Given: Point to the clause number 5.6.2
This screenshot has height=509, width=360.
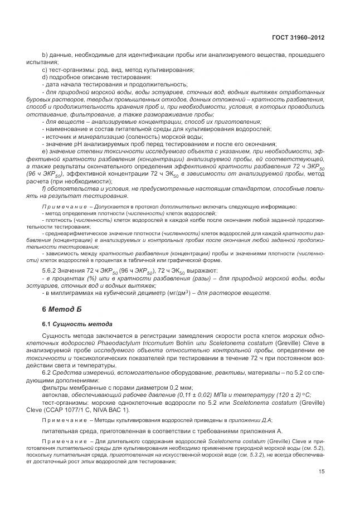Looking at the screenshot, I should click(x=51, y=270).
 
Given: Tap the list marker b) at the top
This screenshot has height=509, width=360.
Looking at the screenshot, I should click(x=45, y=55).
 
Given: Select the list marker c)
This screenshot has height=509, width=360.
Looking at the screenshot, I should click(x=45, y=69).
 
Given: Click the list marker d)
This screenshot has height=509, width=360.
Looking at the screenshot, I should click(x=45, y=76).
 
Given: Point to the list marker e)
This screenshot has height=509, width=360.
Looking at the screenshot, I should click(x=45, y=151).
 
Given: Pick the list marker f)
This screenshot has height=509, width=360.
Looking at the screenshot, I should click(x=45, y=188).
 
